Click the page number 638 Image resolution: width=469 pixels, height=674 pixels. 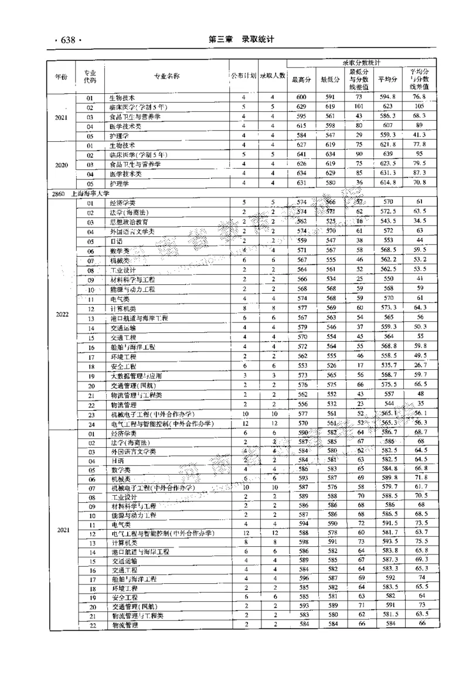pos(66,40)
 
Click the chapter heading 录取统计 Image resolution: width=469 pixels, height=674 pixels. pos(254,39)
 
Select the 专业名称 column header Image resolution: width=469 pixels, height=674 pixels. pos(166,76)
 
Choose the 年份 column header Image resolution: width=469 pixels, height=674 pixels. pos(62,76)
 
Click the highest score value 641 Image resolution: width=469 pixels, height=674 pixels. pos(301,155)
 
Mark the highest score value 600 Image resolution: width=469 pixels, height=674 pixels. pos(301,97)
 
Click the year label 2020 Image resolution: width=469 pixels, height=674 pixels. pos(62,165)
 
